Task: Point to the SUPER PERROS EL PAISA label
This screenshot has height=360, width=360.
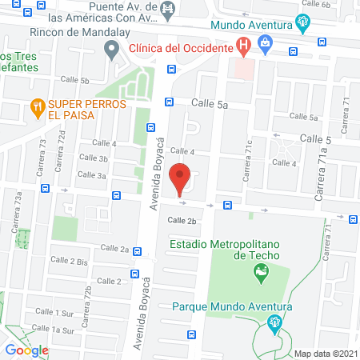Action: click(x=71, y=110)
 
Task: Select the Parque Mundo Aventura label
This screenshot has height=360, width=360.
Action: click(x=232, y=306)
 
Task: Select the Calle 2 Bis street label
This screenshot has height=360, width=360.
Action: click(x=70, y=261)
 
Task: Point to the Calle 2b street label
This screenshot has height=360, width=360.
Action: click(x=182, y=220)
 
